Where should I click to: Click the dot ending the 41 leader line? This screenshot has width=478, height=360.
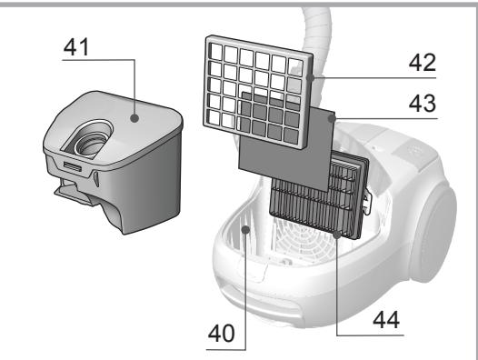pos(134,116)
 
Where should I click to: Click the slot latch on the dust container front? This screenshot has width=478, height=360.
pos(73,166)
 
